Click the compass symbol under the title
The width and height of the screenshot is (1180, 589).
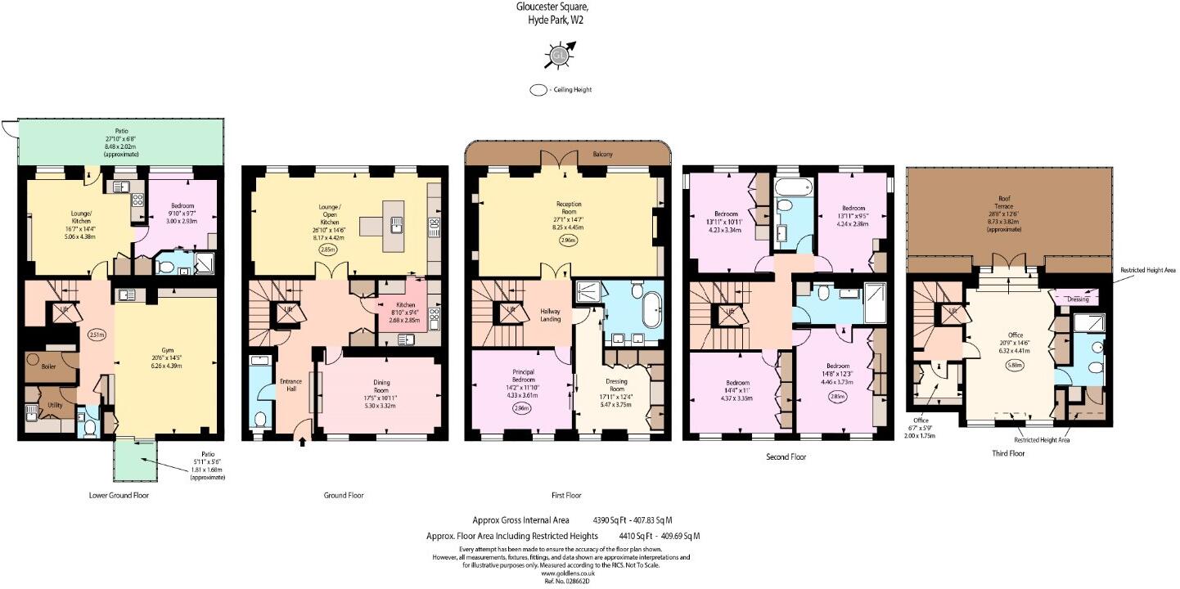[559, 56]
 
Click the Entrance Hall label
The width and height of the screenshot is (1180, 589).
[292, 384]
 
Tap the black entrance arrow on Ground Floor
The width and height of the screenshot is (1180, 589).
[304, 443]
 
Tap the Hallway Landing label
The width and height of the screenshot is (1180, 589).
[550, 314]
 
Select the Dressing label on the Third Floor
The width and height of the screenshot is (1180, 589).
[1078, 299]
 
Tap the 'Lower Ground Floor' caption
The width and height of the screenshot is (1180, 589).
[118, 496]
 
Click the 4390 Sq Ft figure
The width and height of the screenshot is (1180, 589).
[610, 519]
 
